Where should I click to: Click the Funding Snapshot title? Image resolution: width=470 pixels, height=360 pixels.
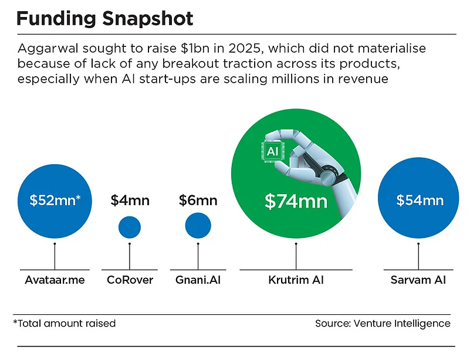[x=104, y=19]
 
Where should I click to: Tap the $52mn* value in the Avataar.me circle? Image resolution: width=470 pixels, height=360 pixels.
[x=55, y=200]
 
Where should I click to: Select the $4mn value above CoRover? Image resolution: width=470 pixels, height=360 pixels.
[x=130, y=201]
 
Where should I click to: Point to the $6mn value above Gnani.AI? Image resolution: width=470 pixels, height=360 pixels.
[x=198, y=201]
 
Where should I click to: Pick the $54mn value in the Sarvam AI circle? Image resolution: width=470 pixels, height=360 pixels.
[x=420, y=201]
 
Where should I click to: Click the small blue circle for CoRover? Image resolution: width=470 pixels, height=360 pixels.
[x=130, y=227]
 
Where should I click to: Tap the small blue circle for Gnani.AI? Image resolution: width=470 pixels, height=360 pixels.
[x=198, y=225]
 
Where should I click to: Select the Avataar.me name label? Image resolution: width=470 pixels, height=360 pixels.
[x=55, y=280]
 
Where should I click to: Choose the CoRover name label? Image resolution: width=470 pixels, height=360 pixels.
[x=130, y=280]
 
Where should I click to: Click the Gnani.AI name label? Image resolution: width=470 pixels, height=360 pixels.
[x=198, y=280]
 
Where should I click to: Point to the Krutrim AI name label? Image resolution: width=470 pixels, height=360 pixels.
[x=296, y=280]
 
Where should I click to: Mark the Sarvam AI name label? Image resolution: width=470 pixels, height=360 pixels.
[x=418, y=280]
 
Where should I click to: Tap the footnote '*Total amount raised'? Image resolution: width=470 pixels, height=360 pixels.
[x=65, y=323]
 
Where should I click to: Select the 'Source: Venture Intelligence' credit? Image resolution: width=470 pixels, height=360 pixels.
[x=382, y=323]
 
